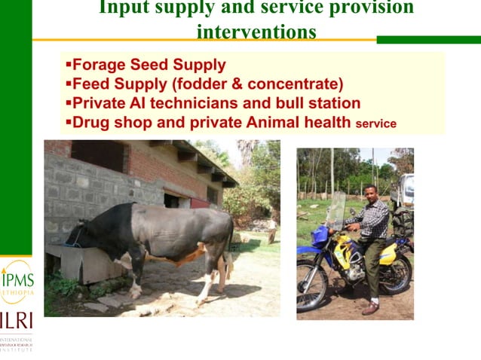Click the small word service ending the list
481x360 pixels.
(x=375, y=124)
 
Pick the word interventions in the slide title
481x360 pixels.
(x=256, y=32)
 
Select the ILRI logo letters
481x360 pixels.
(x=16, y=320)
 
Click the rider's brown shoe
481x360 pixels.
(x=370, y=308)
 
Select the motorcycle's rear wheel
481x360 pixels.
(x=397, y=274)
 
